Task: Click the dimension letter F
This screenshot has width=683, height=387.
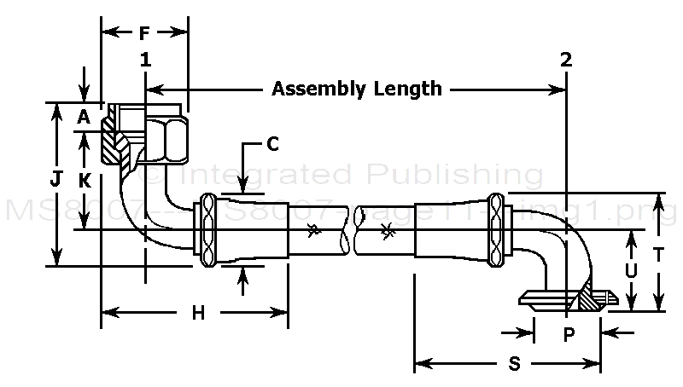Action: [x=143, y=34]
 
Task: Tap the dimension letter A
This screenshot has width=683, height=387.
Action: [x=84, y=118]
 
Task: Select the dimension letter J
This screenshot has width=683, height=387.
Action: [x=56, y=179]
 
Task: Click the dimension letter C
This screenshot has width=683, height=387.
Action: [x=272, y=144]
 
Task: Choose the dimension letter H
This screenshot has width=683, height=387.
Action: [x=198, y=313]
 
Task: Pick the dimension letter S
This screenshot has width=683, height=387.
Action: [x=514, y=364]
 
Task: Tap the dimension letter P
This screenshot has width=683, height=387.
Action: [x=569, y=335]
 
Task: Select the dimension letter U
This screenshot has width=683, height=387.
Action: [x=630, y=269]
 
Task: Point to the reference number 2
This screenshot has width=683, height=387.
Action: [x=566, y=60]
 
